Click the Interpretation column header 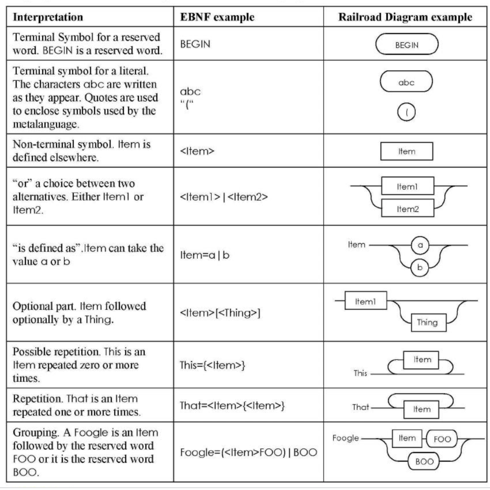click(44, 18)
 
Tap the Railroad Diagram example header click(405, 18)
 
